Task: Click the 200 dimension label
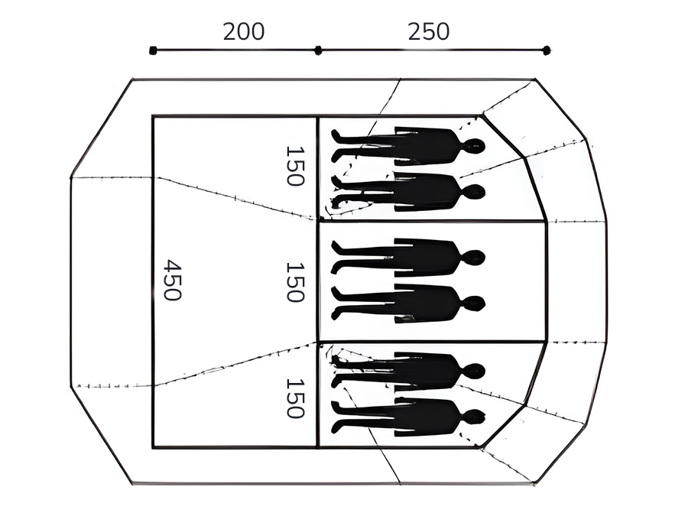click(244, 31)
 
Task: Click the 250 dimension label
click(429, 31)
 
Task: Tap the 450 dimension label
click(173, 280)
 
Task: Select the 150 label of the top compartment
click(295, 166)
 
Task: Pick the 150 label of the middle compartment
click(295, 282)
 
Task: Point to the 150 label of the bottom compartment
click(295, 398)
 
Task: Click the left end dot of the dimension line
click(153, 50)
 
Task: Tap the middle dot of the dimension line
click(318, 50)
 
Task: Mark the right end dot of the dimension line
click(547, 50)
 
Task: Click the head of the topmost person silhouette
click(474, 146)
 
